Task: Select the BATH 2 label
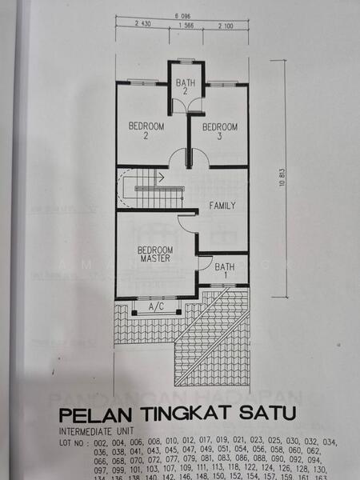tap(186, 87)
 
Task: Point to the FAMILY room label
tap(222, 206)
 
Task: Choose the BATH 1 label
tap(225, 271)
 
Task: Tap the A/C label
tap(156, 306)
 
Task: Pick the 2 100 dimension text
tap(226, 26)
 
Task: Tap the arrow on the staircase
tap(160, 177)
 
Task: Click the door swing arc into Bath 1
tap(203, 262)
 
